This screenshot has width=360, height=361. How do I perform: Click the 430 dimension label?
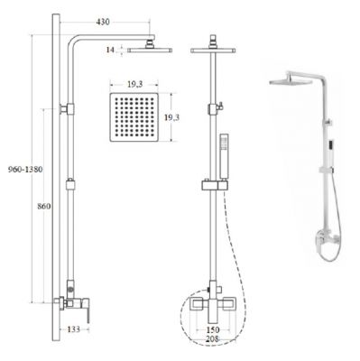(x=103, y=22)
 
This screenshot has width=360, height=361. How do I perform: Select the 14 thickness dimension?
(x=110, y=50)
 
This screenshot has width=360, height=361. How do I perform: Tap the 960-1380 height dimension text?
(x=25, y=170)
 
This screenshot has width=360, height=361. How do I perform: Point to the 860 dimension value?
(x=44, y=207)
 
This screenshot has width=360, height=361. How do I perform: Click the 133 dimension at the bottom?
(x=73, y=329)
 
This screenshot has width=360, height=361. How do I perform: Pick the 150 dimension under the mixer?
(x=213, y=330)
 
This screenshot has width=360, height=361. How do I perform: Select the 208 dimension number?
(x=213, y=339)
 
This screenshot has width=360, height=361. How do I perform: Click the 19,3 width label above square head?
(x=134, y=85)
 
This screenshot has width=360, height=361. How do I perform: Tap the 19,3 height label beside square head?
(x=171, y=117)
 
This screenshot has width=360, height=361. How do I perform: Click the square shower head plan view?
(x=134, y=117)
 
